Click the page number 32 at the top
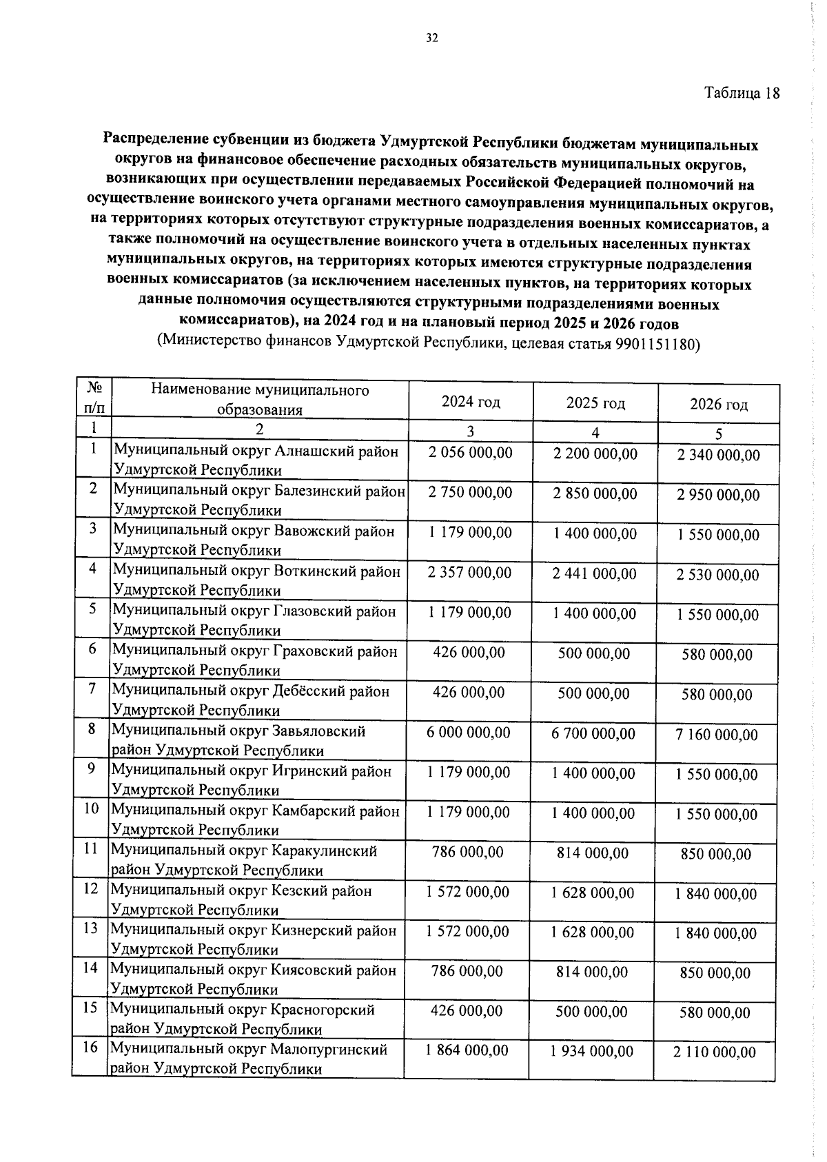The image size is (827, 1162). point(431,38)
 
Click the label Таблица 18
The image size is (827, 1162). point(742,93)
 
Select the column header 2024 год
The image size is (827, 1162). point(471,402)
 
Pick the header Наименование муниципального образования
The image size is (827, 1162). point(260,400)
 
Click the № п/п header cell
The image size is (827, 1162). point(93,398)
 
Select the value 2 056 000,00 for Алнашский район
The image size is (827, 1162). point(471,453)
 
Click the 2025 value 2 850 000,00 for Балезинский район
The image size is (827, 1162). point(595,493)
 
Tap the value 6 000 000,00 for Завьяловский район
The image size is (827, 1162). point(469,733)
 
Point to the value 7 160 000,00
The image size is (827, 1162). point(717,735)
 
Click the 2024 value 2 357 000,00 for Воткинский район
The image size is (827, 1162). point(470,573)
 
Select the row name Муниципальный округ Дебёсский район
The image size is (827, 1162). point(251,700)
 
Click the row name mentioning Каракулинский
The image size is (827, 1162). point(244,860)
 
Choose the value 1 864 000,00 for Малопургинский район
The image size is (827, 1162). point(467,1050)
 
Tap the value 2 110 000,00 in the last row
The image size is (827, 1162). point(715,1052)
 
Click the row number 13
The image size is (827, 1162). point(90,928)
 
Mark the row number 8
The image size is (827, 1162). point(92,728)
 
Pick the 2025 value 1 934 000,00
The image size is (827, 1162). point(592,1051)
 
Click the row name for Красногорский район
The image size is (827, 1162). point(242,1019)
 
